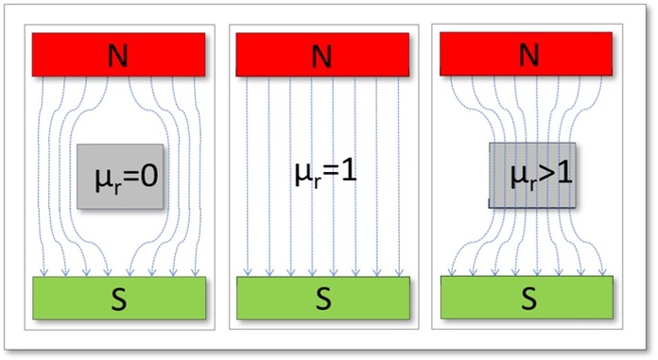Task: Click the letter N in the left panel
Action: coord(119,56)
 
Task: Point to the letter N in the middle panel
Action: coord(322,56)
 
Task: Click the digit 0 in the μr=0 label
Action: coord(148,177)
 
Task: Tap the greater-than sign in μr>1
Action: coord(544,176)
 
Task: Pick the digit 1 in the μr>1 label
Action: coord(562,175)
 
